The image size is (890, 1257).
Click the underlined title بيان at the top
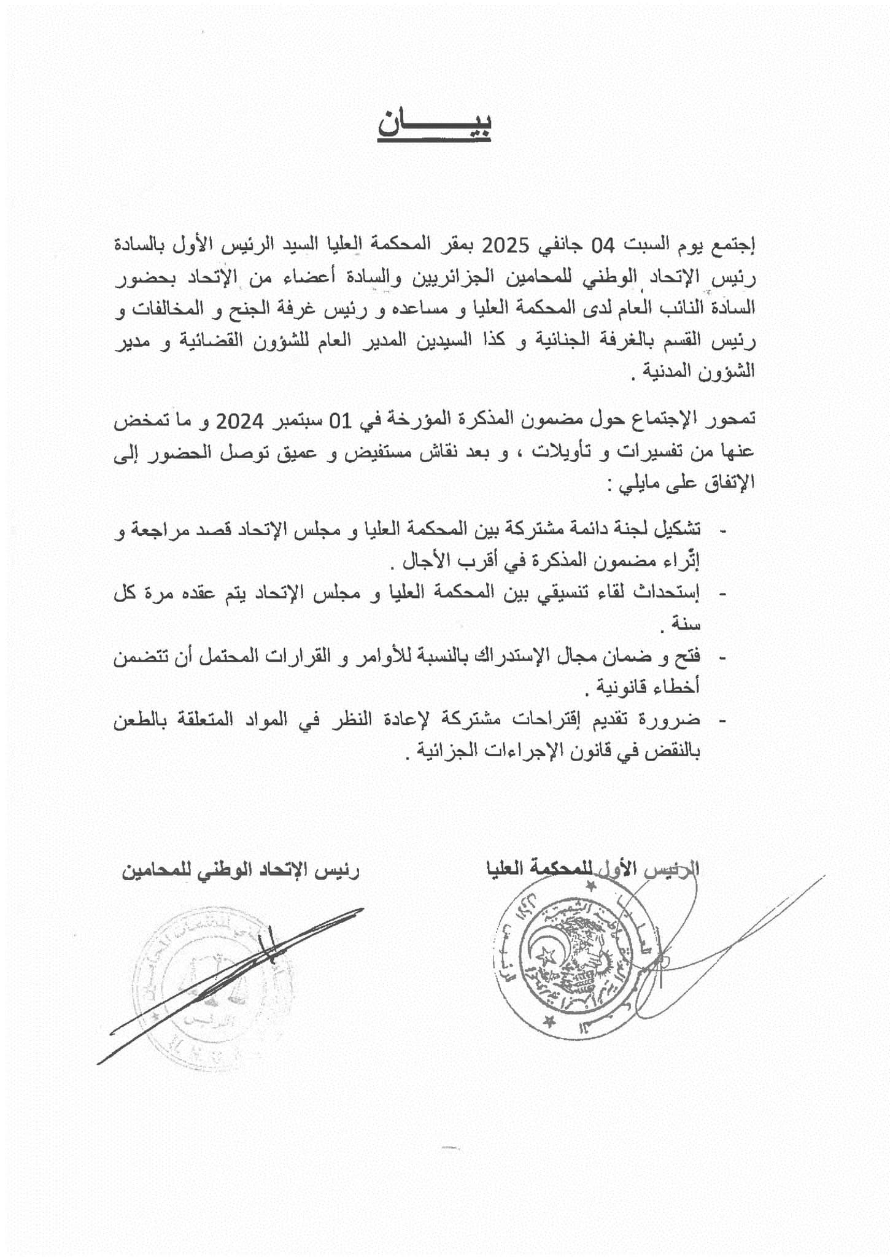coord(434,125)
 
